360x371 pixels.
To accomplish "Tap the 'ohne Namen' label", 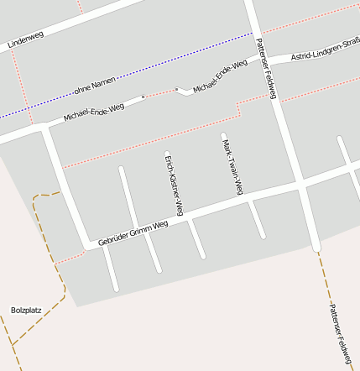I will [93, 86].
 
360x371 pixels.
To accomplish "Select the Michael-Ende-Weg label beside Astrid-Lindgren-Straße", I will [220, 75].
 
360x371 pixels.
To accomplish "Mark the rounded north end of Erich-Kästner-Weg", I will [167, 154].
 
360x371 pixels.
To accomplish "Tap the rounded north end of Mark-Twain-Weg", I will [223, 134].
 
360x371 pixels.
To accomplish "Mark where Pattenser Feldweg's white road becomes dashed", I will [316, 249].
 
